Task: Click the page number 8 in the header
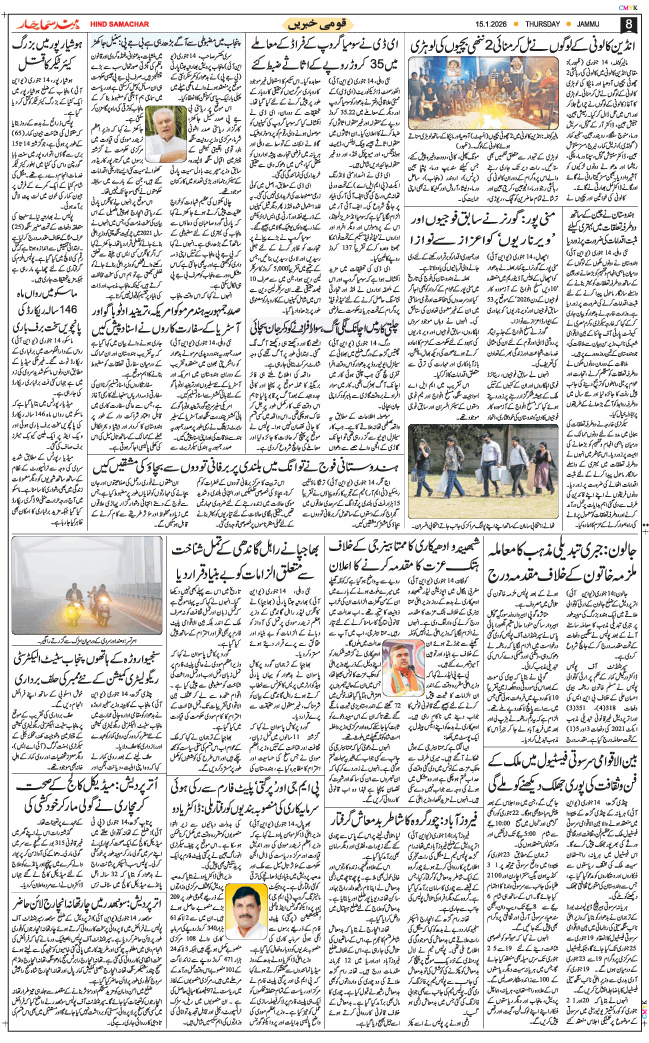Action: [x=628, y=24]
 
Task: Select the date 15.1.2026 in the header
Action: [x=491, y=24]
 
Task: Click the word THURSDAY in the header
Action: [x=550, y=24]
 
